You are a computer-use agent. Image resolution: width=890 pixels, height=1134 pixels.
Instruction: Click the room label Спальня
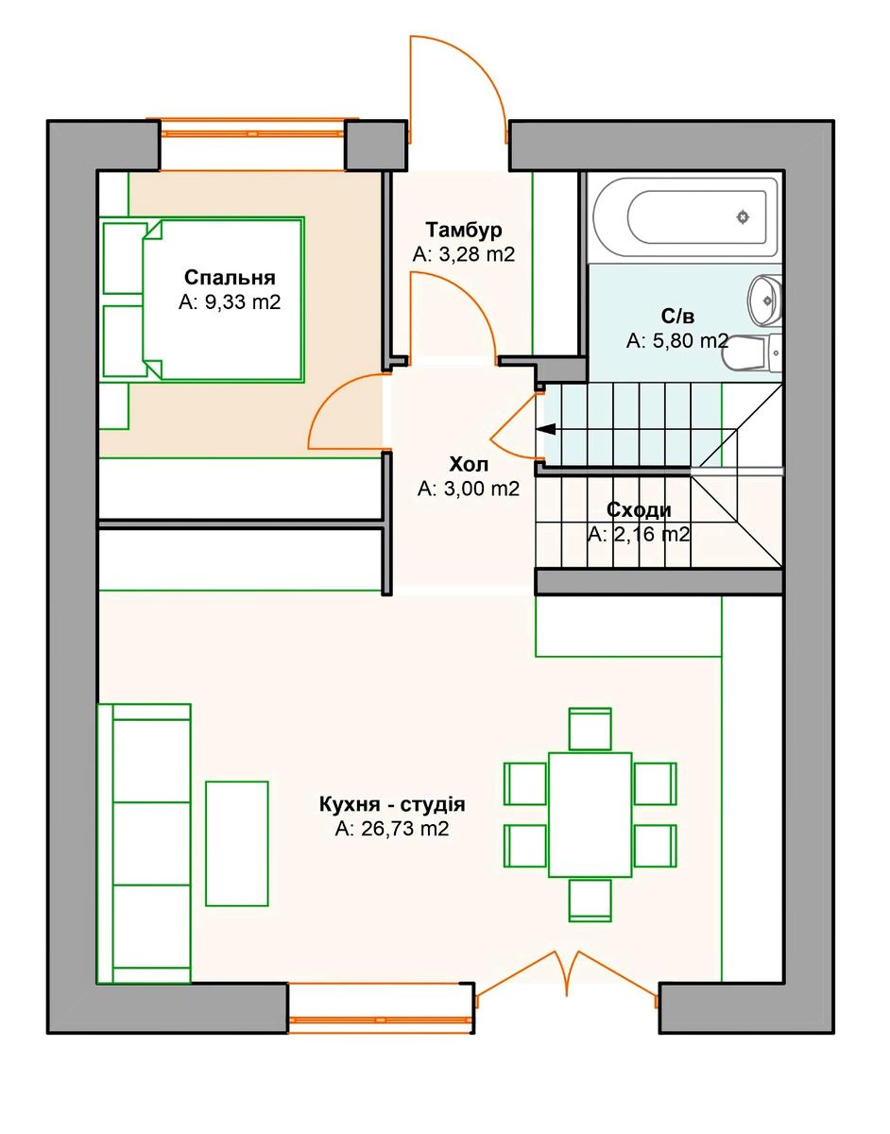coord(231,277)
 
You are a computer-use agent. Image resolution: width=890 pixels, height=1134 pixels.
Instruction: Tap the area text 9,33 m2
coord(230,302)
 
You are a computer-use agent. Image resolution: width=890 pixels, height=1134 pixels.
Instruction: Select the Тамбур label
coord(464,230)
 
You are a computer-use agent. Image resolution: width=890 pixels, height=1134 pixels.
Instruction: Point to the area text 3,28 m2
coord(464,254)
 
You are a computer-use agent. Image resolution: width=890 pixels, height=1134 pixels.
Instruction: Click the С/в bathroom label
coord(677,316)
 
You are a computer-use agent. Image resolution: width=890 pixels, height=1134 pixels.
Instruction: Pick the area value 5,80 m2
coord(677,341)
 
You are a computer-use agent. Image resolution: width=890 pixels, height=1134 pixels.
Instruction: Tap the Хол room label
coord(469,464)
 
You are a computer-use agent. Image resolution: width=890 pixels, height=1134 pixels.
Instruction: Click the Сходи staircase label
coord(639,510)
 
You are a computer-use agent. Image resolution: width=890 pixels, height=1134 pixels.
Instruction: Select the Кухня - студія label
coord(392,804)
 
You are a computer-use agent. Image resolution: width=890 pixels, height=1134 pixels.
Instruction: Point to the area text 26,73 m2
coord(392,829)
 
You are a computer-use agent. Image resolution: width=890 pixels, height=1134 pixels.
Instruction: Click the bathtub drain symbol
coord(743,216)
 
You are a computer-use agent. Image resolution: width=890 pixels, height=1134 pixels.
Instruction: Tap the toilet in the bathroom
coord(752,353)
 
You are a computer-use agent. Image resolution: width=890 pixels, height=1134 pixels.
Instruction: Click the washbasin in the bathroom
coord(764,301)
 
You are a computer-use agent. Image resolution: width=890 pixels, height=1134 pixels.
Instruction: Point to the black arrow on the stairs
coord(546,429)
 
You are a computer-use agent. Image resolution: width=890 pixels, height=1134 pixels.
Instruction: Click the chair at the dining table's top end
coord(590,729)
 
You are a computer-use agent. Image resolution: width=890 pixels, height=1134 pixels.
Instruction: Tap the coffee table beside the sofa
coord(237,844)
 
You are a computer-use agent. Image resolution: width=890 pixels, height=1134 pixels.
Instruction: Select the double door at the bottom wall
coord(567,981)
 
